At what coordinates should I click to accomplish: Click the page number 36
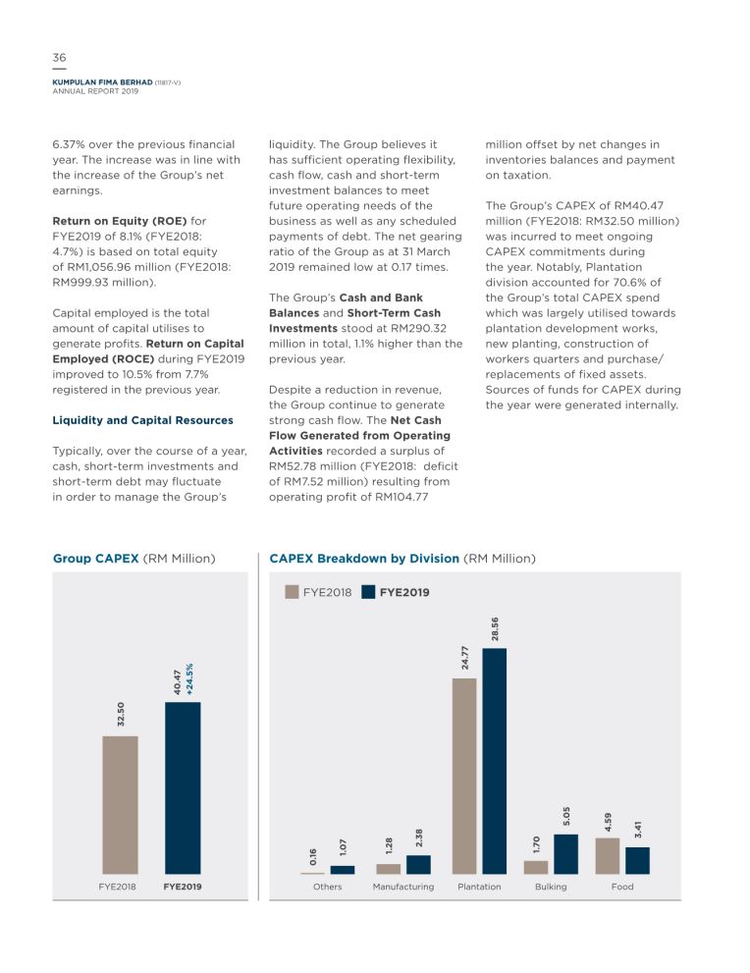click(59, 58)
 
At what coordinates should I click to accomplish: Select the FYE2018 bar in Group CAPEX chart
click(120, 805)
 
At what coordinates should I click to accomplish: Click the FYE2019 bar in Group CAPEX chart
click(183, 788)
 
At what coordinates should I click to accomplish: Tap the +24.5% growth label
click(189, 678)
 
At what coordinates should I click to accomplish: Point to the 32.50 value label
click(121, 714)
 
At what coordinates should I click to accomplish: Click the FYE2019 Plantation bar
click(495, 761)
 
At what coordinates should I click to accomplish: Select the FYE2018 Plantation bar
click(464, 777)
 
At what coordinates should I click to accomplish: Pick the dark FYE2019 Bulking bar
click(565, 854)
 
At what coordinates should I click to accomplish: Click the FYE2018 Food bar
click(608, 856)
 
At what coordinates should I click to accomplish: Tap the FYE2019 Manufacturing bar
click(418, 864)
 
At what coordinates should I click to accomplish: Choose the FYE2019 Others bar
click(343, 869)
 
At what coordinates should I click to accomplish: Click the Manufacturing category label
click(403, 887)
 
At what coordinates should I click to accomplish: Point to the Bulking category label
click(551, 887)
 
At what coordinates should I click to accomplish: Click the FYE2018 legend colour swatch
click(292, 592)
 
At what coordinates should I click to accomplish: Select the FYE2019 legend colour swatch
click(368, 592)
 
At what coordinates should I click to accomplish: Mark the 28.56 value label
click(495, 629)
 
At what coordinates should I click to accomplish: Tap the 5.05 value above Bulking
click(565, 816)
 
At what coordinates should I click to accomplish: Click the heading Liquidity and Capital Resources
click(142, 420)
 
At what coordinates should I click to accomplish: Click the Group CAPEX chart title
click(134, 559)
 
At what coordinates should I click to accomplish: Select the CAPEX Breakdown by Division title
click(402, 559)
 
